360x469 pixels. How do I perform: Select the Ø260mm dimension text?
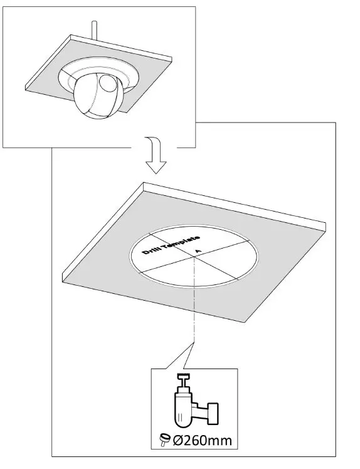coord(201,439)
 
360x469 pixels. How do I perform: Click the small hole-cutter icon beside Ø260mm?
coord(164,440)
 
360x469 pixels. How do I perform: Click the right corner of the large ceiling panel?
coord(327,227)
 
